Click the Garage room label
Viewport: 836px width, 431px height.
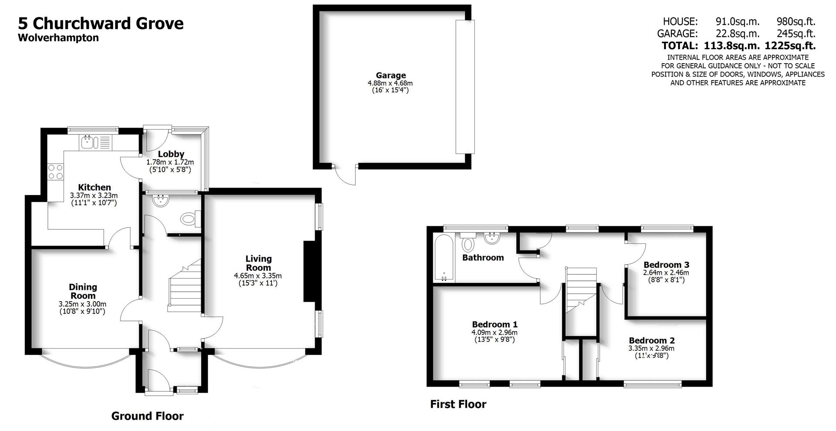pyautogui.click(x=391, y=75)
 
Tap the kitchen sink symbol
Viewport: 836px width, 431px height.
pyautogui.click(x=88, y=142)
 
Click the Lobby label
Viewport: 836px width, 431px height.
pyautogui.click(x=171, y=154)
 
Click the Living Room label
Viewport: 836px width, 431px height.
pyautogui.click(x=258, y=263)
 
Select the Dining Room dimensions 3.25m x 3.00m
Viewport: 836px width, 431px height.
pyautogui.click(x=82, y=304)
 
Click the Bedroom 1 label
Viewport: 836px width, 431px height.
pyautogui.click(x=495, y=324)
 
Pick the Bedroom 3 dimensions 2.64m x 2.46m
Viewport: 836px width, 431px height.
pyautogui.click(x=666, y=273)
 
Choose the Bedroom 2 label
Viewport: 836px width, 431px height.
pyautogui.click(x=651, y=340)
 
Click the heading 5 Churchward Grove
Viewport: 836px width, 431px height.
pyautogui.click(x=101, y=23)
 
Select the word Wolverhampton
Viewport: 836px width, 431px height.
pyautogui.click(x=58, y=38)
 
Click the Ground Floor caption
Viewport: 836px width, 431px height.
pyautogui.click(x=147, y=416)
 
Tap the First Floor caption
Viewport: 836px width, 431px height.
pyautogui.click(x=458, y=404)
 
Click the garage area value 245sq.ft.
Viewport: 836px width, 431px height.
pyautogui.click(x=796, y=34)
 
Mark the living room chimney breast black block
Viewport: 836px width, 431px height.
pyautogui.click(x=309, y=271)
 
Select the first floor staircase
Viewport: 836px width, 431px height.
pyautogui.click(x=580, y=290)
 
